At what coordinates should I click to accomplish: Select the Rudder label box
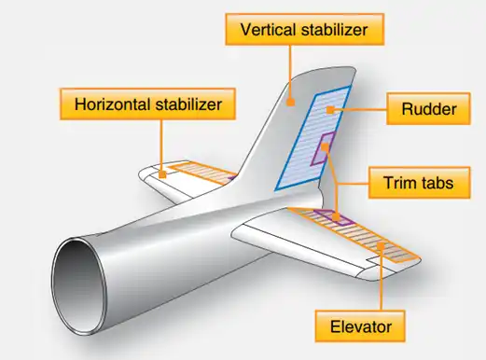[x=429, y=111]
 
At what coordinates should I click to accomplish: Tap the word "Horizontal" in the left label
[x=113, y=104]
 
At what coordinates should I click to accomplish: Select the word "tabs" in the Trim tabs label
[x=439, y=182]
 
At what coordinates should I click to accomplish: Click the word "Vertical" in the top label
[x=269, y=31]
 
